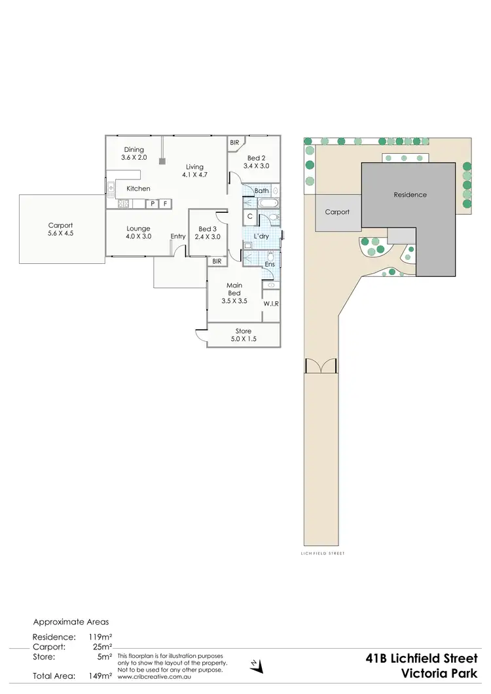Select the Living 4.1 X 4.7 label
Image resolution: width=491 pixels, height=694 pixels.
click(x=194, y=171)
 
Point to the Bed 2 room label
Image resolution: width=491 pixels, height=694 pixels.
click(x=255, y=162)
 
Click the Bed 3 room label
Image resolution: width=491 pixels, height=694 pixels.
click(x=208, y=232)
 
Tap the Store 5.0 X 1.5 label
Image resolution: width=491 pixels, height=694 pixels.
click(x=243, y=335)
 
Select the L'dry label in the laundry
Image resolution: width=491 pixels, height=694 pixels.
click(x=261, y=236)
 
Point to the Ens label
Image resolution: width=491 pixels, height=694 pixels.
click(x=269, y=264)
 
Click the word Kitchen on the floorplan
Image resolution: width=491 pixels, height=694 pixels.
click(x=138, y=189)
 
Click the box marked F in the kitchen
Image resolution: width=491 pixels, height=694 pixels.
click(x=166, y=204)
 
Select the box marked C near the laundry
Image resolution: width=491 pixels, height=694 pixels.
click(x=251, y=217)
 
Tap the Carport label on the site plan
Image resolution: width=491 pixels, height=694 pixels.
click(x=337, y=212)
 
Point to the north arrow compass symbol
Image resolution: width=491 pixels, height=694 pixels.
click(x=256, y=665)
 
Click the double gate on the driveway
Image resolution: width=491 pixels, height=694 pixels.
click(x=321, y=367)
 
